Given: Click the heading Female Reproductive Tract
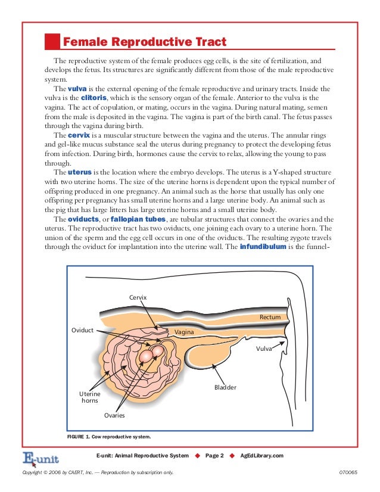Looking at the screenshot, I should tap(144, 42).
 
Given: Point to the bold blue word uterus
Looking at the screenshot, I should tap(80, 172).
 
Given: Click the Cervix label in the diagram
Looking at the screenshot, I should tap(138, 297).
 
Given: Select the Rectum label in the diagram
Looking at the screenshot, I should tap(269, 317).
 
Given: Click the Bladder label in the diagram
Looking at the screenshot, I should tap(225, 387).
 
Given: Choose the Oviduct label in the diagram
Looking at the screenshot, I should tap(82, 330).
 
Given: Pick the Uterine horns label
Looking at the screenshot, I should tap(90, 397).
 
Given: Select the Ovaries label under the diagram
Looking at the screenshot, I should tap(114, 415).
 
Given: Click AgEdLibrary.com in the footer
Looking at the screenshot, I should tap(262, 456).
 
